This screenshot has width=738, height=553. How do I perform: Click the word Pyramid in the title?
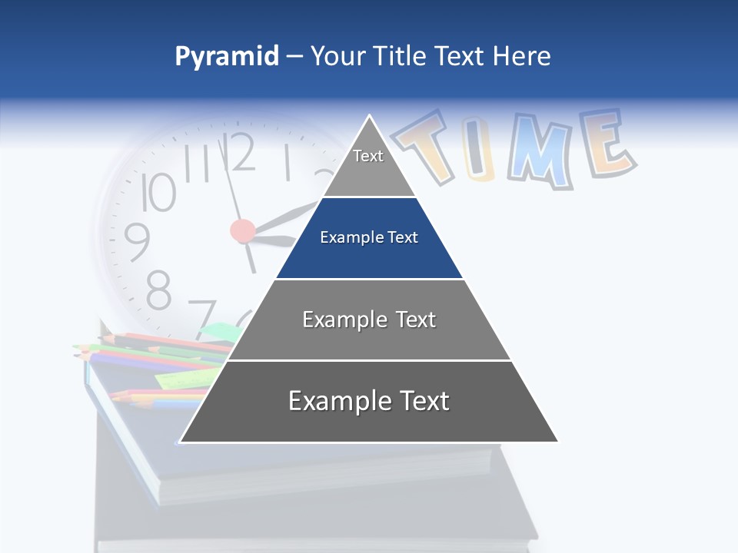pyautogui.click(x=227, y=57)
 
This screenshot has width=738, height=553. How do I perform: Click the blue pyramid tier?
pyautogui.click(x=369, y=238)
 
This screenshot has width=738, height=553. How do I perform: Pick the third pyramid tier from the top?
pyautogui.click(x=369, y=320)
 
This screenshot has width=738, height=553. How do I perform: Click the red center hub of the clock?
pyautogui.click(x=243, y=230)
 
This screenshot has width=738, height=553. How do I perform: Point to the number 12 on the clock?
pyautogui.click(x=239, y=152)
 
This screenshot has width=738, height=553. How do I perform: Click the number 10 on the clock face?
pyautogui.click(x=158, y=193)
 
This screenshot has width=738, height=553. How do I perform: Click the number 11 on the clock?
pyautogui.click(x=197, y=164)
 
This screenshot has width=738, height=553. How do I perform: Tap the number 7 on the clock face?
pyautogui.click(x=202, y=317)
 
